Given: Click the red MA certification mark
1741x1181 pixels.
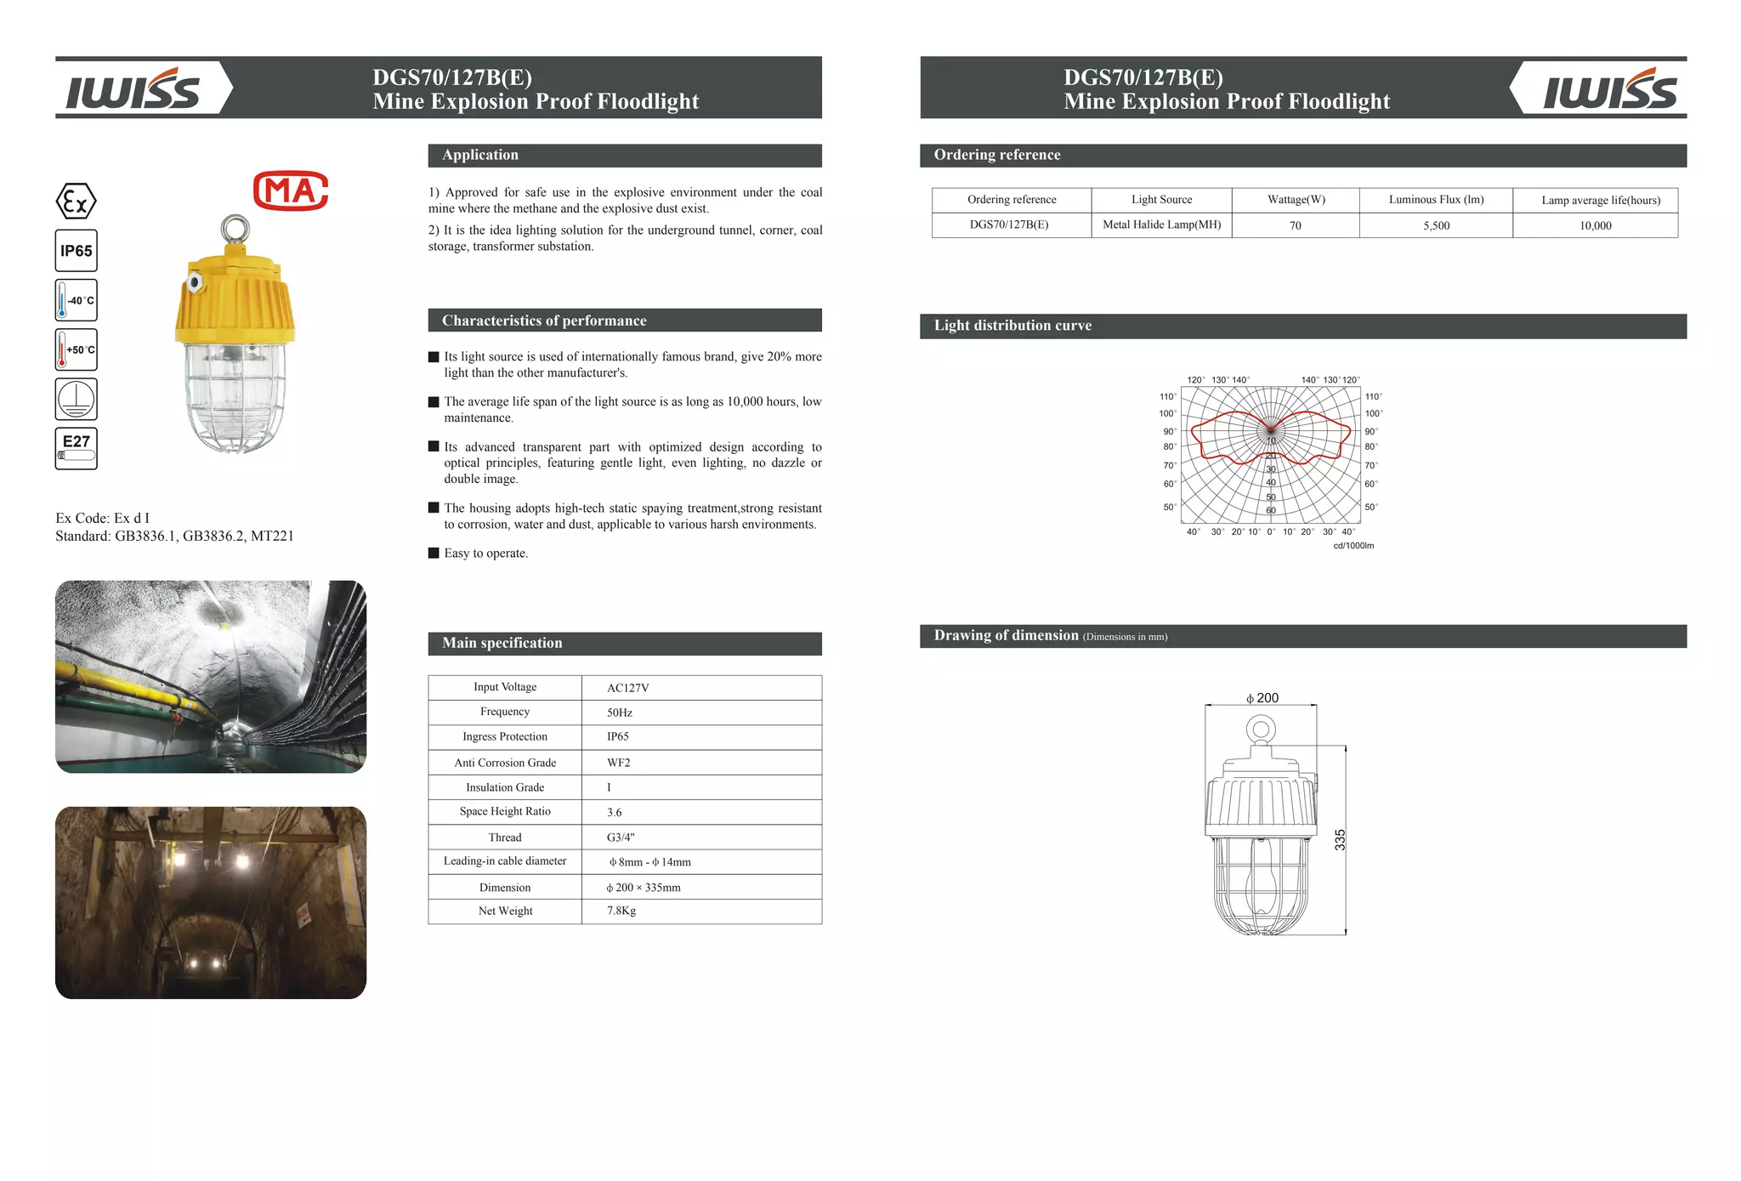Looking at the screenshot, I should [291, 191].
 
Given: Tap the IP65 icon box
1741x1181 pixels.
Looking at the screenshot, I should [77, 251].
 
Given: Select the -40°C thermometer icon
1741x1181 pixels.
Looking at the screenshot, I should [77, 300].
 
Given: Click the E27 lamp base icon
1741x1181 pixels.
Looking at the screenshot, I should [77, 448].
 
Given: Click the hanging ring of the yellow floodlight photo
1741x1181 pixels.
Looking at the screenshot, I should [235, 228].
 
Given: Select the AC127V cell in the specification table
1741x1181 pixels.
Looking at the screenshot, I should [627, 688].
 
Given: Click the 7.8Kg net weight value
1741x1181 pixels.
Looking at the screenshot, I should [621, 911].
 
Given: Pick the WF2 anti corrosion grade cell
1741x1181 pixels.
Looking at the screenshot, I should [618, 763].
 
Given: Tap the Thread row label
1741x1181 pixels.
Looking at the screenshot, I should [505, 837].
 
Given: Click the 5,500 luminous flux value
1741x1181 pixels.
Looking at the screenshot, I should [1436, 225].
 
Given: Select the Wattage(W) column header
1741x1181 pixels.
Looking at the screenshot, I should [1296, 200].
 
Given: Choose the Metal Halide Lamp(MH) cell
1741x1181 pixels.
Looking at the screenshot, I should [1161, 224].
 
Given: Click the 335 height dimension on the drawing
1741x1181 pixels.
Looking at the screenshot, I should [1340, 839].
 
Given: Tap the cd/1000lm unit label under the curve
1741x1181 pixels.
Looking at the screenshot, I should [1353, 546].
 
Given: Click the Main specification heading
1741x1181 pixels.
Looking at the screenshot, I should [502, 643].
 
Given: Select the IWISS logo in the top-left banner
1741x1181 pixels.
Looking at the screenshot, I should [133, 89].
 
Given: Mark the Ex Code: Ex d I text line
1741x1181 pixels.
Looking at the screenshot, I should [102, 518].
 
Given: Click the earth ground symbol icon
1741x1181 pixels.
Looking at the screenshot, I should [77, 399].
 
